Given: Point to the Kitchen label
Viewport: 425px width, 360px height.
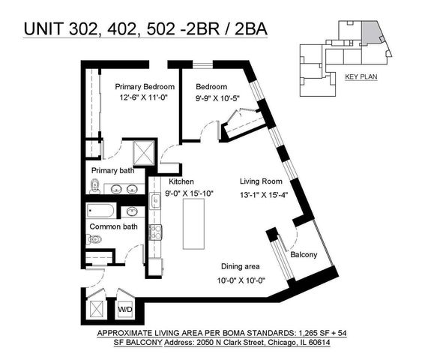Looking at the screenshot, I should pos(181,181).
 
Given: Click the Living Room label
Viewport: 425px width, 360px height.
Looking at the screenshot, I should pos(260,181).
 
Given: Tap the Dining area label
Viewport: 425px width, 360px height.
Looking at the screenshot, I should pos(240,266).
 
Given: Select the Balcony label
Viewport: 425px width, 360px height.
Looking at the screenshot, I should pos(304,255).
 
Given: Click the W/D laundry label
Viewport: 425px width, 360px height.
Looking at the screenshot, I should pos(124,308).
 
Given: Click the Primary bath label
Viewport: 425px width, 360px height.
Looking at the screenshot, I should pos(111,170).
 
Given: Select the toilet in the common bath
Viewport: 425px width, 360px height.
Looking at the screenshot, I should pos(94,239).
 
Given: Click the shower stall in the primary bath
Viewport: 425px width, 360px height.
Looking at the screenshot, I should pos(142,153).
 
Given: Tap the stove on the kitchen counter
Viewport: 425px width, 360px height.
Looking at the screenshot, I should pos(155,232).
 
